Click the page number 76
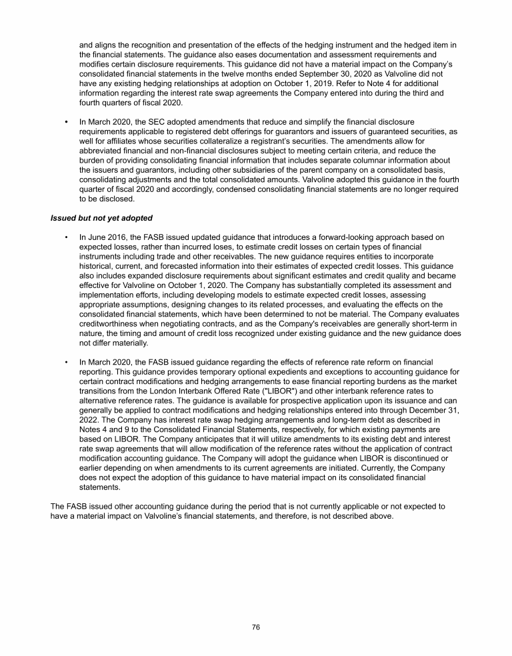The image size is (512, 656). [x=255, y=627]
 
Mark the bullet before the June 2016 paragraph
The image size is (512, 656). [x=66, y=237]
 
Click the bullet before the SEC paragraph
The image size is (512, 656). [x=66, y=122]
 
